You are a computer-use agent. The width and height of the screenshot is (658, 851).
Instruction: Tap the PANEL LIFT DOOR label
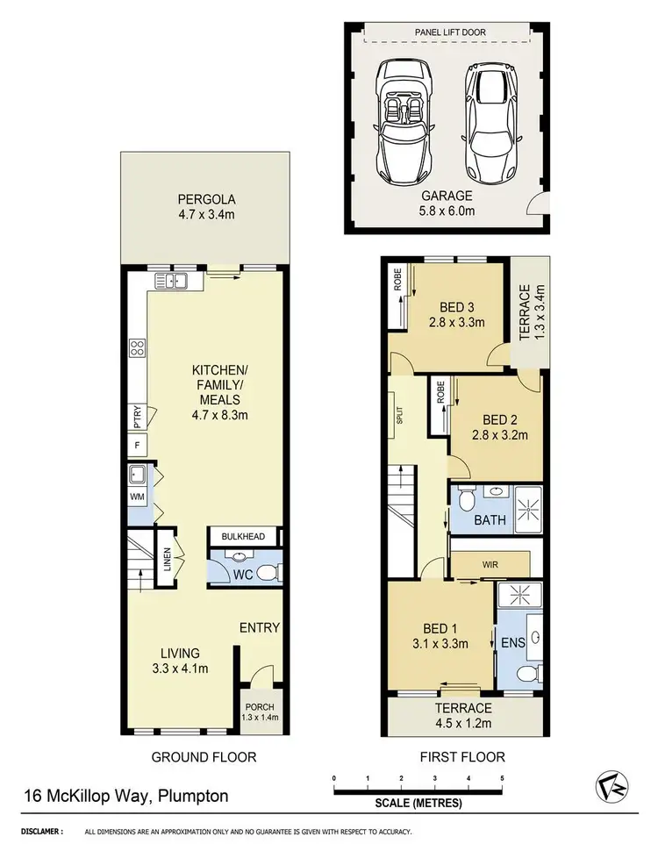[x=449, y=32]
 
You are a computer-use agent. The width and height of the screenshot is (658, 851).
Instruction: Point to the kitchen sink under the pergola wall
[x=171, y=282]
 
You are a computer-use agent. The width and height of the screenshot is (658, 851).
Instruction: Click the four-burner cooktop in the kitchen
[x=138, y=347]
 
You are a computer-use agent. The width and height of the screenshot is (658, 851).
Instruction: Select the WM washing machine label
[x=136, y=497]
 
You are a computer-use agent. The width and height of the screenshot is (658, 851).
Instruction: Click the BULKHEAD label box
[x=243, y=534]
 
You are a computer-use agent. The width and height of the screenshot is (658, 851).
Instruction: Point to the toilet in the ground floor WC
[x=270, y=573]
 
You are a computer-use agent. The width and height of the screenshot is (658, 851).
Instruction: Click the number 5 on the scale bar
[x=502, y=777]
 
